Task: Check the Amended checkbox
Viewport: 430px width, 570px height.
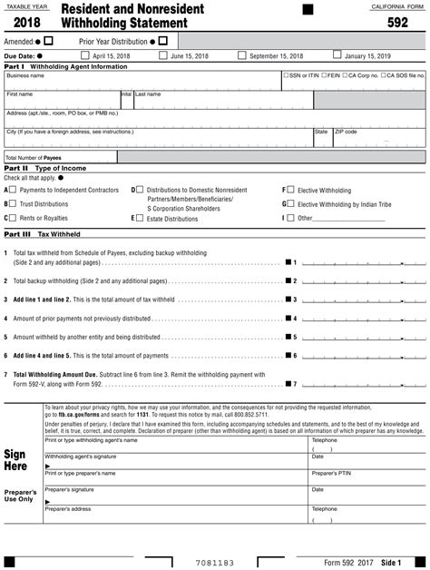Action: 49,41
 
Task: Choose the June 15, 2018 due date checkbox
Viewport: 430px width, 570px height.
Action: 163,55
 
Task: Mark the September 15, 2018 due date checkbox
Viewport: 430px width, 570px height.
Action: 242,55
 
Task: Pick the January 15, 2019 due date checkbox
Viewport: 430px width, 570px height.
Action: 337,55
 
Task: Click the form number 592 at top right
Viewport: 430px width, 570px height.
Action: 398,24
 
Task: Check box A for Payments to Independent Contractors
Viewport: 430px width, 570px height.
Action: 13,191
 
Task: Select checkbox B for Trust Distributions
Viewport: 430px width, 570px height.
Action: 13,204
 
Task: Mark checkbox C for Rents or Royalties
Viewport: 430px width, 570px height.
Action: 13,218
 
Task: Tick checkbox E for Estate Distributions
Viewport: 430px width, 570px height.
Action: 140,218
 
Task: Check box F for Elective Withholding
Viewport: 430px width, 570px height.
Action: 290,191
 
